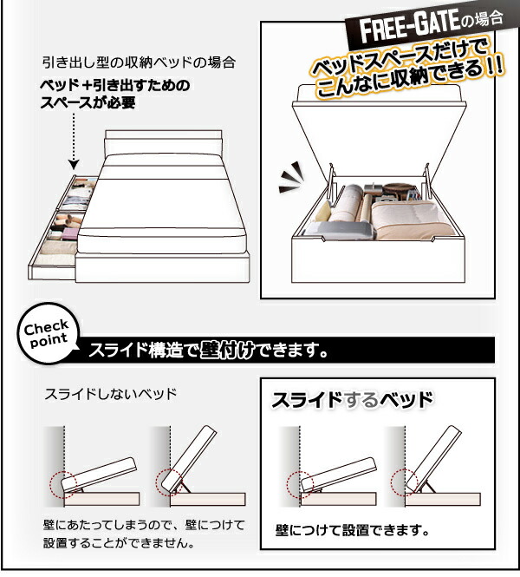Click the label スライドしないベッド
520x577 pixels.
tap(110, 394)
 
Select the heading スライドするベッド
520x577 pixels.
tap(352, 401)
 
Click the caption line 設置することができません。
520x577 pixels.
tap(118, 544)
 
